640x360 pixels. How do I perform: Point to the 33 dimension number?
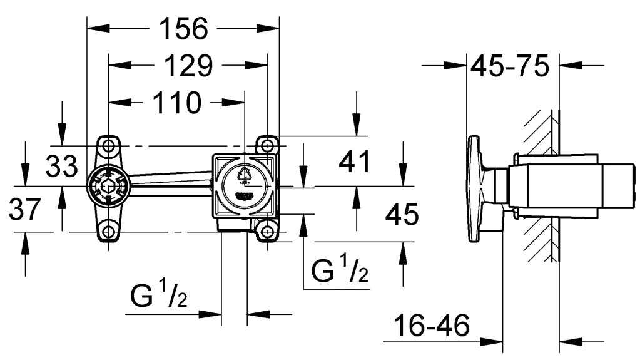pyautogui.click(x=61, y=167)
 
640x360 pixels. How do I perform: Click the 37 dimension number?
pyautogui.click(x=24, y=209)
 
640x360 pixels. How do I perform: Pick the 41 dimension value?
pyautogui.click(x=355, y=162)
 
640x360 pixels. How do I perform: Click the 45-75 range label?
pyautogui.click(x=510, y=65)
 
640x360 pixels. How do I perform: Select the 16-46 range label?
pyautogui.click(x=432, y=326)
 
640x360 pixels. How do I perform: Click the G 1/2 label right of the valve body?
pyautogui.click(x=340, y=271)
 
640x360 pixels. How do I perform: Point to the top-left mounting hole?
pyautogui.click(x=109, y=146)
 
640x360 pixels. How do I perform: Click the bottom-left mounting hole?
pyautogui.click(x=109, y=231)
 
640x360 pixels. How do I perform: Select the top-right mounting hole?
pyautogui.click(x=268, y=145)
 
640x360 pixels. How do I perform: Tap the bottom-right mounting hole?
pyautogui.click(x=268, y=231)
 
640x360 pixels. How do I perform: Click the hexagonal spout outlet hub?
pyautogui.click(x=108, y=187)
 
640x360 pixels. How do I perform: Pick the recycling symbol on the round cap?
pyautogui.click(x=245, y=174)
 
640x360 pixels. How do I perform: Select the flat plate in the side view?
pyautogui.click(x=475, y=188)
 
